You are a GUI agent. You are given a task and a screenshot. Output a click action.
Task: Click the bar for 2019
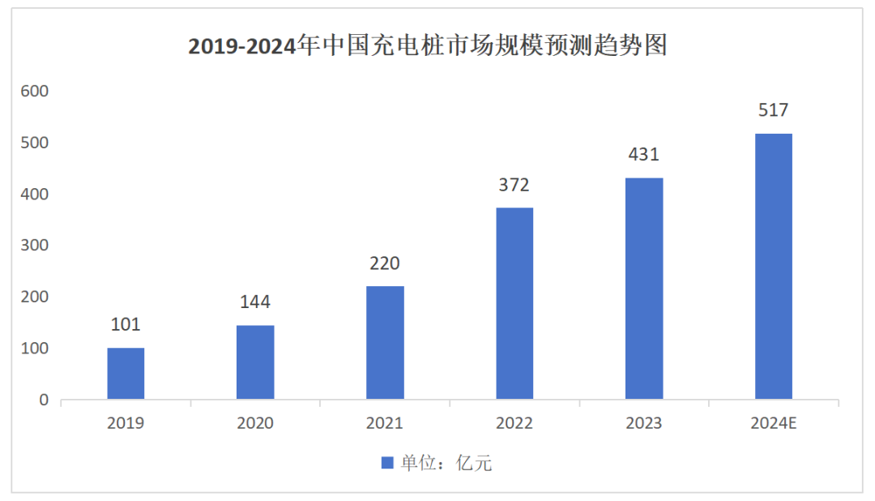pyautogui.click(x=126, y=374)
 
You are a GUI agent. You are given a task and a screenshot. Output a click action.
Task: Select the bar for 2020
pyautogui.click(x=255, y=362)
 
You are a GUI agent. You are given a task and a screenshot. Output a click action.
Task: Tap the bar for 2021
pyautogui.click(x=385, y=343)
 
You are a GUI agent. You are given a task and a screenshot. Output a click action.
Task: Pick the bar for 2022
pyautogui.click(x=514, y=304)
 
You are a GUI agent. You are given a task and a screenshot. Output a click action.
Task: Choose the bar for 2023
pyautogui.click(x=644, y=289)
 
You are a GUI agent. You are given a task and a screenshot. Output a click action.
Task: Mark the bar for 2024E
pyautogui.click(x=774, y=267)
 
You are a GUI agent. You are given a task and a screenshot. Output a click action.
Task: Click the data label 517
pyautogui.click(x=774, y=110)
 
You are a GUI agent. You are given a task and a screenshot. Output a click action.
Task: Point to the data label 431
pyautogui.click(x=644, y=154)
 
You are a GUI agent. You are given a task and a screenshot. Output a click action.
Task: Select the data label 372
pyautogui.click(x=514, y=185)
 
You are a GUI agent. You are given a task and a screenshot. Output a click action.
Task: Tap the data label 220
pyautogui.click(x=385, y=263)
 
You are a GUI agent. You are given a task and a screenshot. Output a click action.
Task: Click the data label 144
pyautogui.click(x=255, y=302)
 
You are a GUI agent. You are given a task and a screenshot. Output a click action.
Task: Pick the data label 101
pyautogui.click(x=126, y=325)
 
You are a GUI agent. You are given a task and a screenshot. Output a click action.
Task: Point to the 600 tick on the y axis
pyautogui.click(x=36, y=92)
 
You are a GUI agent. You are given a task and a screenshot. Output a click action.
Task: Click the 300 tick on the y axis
pyautogui.click(x=36, y=246)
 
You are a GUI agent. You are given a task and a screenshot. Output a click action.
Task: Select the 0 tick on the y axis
pyautogui.click(x=44, y=400)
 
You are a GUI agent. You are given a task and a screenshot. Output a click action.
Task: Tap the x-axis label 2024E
pyautogui.click(x=774, y=423)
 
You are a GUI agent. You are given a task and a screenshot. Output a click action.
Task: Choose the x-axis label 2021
pyautogui.click(x=385, y=423)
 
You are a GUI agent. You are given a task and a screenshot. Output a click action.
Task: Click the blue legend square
pyautogui.click(x=387, y=463)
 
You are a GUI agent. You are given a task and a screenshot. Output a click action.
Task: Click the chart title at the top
pyautogui.click(x=428, y=46)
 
